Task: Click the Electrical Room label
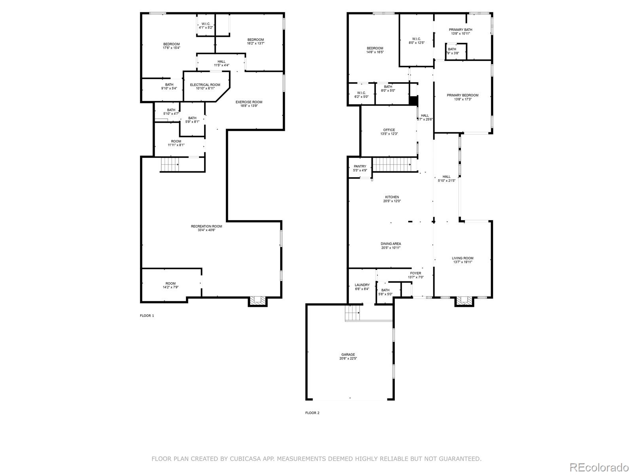pyautogui.click(x=205, y=85)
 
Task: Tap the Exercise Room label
pyautogui.click(x=249, y=102)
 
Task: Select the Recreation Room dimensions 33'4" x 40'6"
pyautogui.click(x=207, y=230)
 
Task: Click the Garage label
pyautogui.click(x=348, y=355)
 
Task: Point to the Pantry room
pyautogui.click(x=360, y=168)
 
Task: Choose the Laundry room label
pyautogui.click(x=362, y=285)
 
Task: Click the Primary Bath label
pyautogui.click(x=460, y=30)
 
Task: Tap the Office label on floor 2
pyautogui.click(x=389, y=130)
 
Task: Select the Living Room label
pyautogui.click(x=462, y=258)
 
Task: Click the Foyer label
pyautogui.click(x=415, y=273)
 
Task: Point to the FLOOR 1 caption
pyautogui.click(x=147, y=315)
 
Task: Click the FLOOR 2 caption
pyautogui.click(x=312, y=413)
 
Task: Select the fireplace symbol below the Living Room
pyautogui.click(x=464, y=302)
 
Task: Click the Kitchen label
pyautogui.click(x=392, y=197)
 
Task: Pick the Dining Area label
pyautogui.click(x=391, y=244)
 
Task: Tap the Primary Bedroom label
pyautogui.click(x=462, y=95)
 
